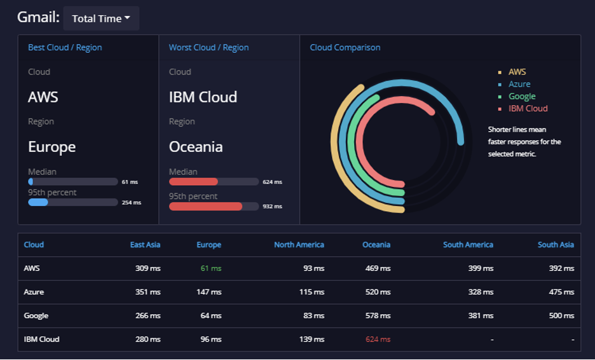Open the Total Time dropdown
(x=101, y=18)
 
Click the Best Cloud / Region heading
(x=65, y=48)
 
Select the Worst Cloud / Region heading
(x=209, y=48)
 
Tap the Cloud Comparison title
(x=345, y=48)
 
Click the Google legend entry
(x=522, y=97)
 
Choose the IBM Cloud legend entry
(x=528, y=109)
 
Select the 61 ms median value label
(x=130, y=182)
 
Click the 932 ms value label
(x=273, y=206)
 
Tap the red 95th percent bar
(x=205, y=206)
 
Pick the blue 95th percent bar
(x=38, y=202)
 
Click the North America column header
(x=299, y=244)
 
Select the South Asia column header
(x=556, y=244)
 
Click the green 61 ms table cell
(x=211, y=268)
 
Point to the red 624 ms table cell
(x=378, y=339)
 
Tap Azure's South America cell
(x=481, y=292)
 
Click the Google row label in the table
(x=36, y=315)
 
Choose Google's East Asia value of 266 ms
(x=148, y=315)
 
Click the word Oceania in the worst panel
(x=196, y=147)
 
